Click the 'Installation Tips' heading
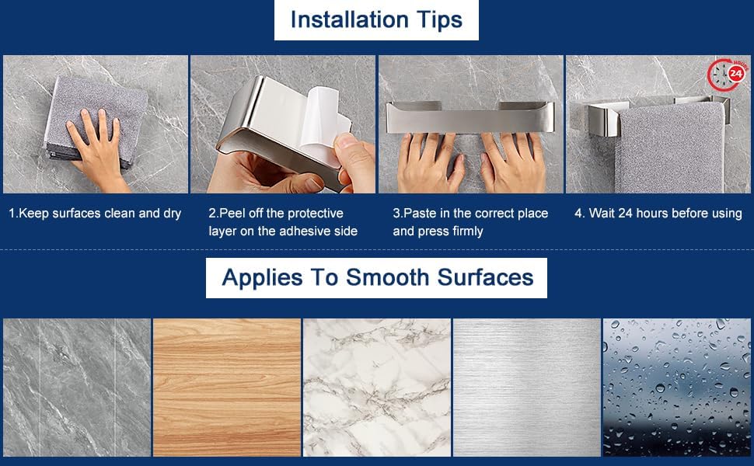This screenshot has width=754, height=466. coord(376,20)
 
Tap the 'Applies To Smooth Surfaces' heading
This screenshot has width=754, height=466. coord(378,278)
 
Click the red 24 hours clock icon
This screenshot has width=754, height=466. coord(728,75)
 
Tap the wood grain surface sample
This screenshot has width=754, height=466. coord(227,388)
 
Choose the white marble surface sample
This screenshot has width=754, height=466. coord(377,388)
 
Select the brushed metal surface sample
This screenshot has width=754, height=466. coord(527,388)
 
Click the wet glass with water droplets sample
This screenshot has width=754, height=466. coord(676,388)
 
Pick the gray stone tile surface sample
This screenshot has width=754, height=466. coord(77,388)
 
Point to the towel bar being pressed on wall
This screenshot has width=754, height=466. coord(470,117)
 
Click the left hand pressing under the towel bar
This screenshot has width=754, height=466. coord(431,163)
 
